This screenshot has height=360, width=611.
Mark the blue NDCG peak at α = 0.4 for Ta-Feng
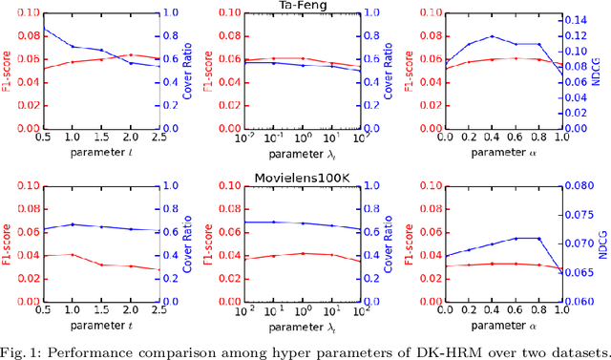pos(492,36)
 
